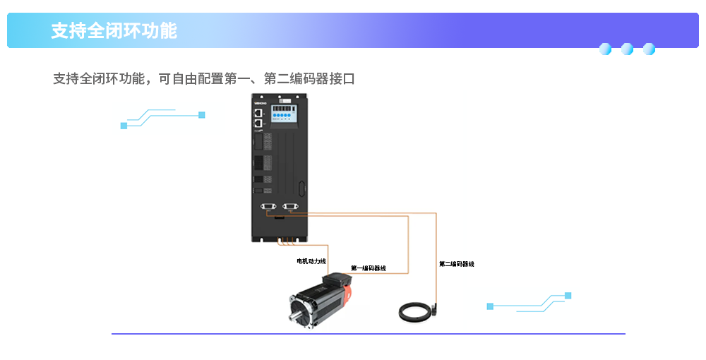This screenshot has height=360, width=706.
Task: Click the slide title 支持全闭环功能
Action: [114, 31]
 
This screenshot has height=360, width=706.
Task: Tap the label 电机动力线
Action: [311, 261]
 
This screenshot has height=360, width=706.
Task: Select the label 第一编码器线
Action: [369, 268]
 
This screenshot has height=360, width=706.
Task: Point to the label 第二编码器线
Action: [457, 264]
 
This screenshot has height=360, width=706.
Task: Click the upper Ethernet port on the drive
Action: [258, 112]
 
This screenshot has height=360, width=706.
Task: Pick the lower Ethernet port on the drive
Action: [258, 123]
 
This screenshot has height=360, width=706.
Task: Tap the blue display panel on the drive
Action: [282, 113]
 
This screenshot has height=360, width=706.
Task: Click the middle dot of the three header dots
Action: [627, 49]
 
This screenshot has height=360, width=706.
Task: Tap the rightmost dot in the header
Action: [649, 49]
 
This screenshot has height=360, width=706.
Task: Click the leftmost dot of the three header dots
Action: [605, 49]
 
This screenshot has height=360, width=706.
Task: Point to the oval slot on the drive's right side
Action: [303, 189]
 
